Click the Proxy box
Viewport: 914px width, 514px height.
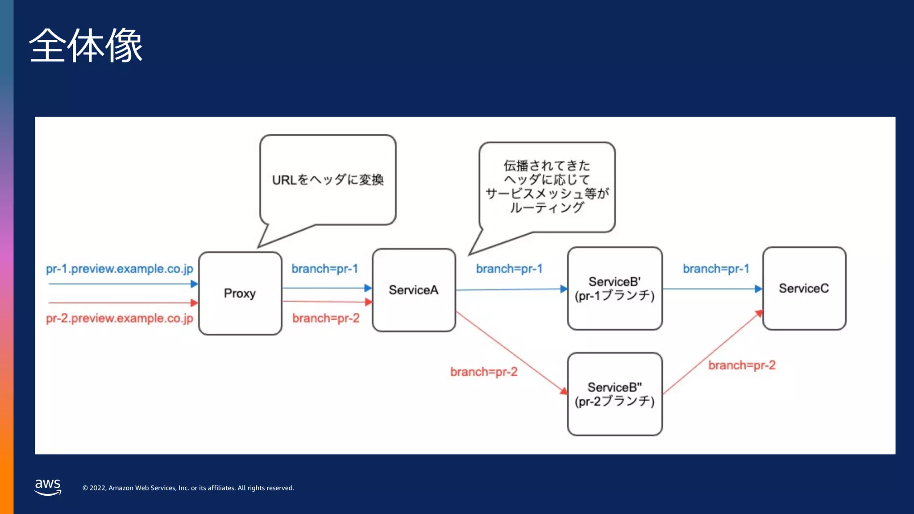click(240, 293)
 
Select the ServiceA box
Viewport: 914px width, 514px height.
click(414, 290)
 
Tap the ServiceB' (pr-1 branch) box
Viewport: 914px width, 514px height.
click(615, 289)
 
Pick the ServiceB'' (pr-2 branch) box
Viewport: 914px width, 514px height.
click(615, 394)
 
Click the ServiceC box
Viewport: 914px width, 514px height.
click(804, 288)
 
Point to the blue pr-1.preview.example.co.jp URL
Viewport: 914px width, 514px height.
click(120, 269)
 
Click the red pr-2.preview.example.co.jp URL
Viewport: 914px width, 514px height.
click(120, 318)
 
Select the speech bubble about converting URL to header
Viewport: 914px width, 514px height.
click(328, 180)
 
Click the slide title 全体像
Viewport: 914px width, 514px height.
click(86, 45)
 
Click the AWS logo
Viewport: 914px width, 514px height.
click(48, 486)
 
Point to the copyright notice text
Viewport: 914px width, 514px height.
click(188, 488)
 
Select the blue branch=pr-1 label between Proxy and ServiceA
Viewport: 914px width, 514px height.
click(324, 269)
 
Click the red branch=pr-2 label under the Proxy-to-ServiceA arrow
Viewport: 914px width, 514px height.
click(326, 318)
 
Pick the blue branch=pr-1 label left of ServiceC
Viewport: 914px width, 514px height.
click(716, 269)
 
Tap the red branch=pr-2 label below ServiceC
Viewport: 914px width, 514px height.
click(742, 365)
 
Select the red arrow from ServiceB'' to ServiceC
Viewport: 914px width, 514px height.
click(713, 352)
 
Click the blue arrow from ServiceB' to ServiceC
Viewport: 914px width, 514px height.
click(712, 289)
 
